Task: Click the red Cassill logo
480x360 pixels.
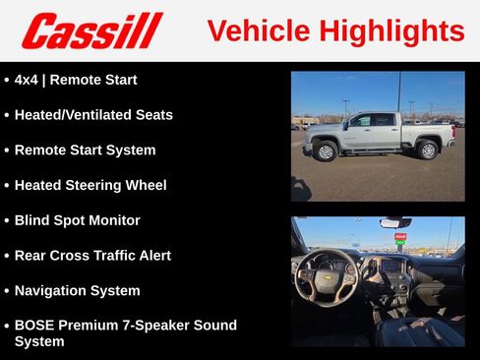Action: click(91, 30)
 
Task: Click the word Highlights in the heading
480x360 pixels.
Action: click(391, 30)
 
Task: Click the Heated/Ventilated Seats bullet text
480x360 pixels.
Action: click(93, 115)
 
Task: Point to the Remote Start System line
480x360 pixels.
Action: click(85, 150)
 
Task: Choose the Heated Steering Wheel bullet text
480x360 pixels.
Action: click(90, 185)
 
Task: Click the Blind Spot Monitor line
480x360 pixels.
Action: click(78, 220)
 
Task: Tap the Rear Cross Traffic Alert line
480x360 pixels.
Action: click(92, 256)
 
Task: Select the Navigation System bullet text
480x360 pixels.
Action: click(77, 291)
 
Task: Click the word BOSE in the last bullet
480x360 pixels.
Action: click(35, 325)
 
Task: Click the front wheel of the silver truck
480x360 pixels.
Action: click(326, 150)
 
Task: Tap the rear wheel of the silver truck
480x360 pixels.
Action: click(427, 150)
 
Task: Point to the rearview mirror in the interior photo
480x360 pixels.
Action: click(394, 223)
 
